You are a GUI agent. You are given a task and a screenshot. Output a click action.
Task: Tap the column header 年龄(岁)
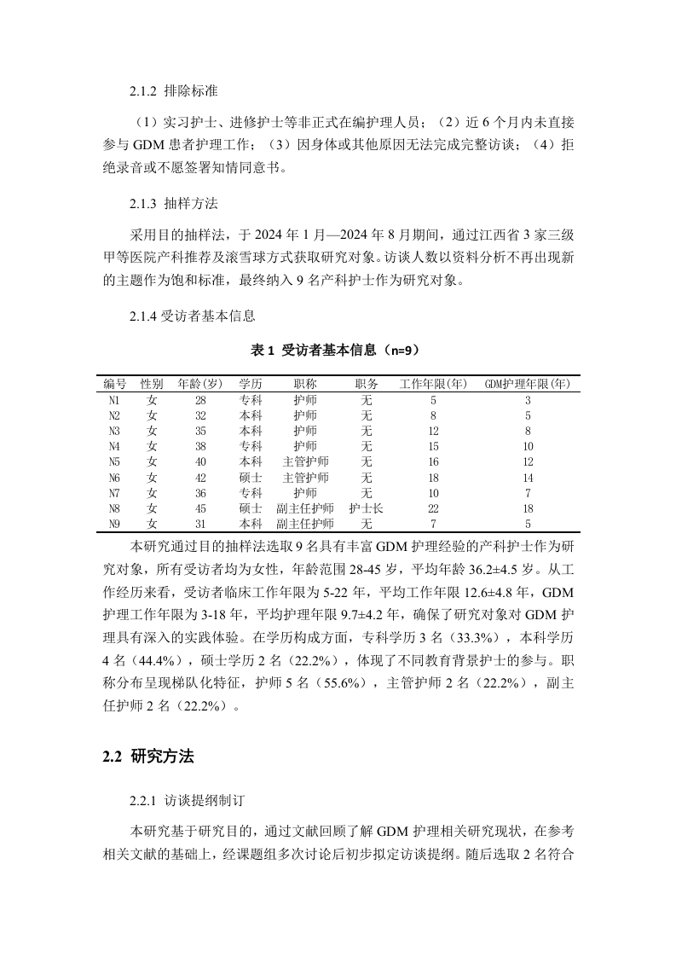[200, 384]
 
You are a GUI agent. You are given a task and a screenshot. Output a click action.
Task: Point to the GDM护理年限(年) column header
[527, 384]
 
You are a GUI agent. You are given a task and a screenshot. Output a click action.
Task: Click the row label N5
[115, 461]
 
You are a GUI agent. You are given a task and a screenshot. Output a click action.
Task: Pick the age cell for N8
[200, 507]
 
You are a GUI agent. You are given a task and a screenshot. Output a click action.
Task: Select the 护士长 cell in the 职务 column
[367, 507]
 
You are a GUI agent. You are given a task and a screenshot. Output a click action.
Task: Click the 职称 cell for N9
[304, 523]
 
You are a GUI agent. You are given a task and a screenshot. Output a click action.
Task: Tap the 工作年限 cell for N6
[433, 477]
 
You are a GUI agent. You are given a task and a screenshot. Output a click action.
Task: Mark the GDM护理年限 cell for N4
[528, 446]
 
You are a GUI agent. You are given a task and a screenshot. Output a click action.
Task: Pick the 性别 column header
[152, 384]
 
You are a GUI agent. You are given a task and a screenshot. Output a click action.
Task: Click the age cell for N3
[200, 431]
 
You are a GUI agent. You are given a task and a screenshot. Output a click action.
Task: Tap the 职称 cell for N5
[304, 461]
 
